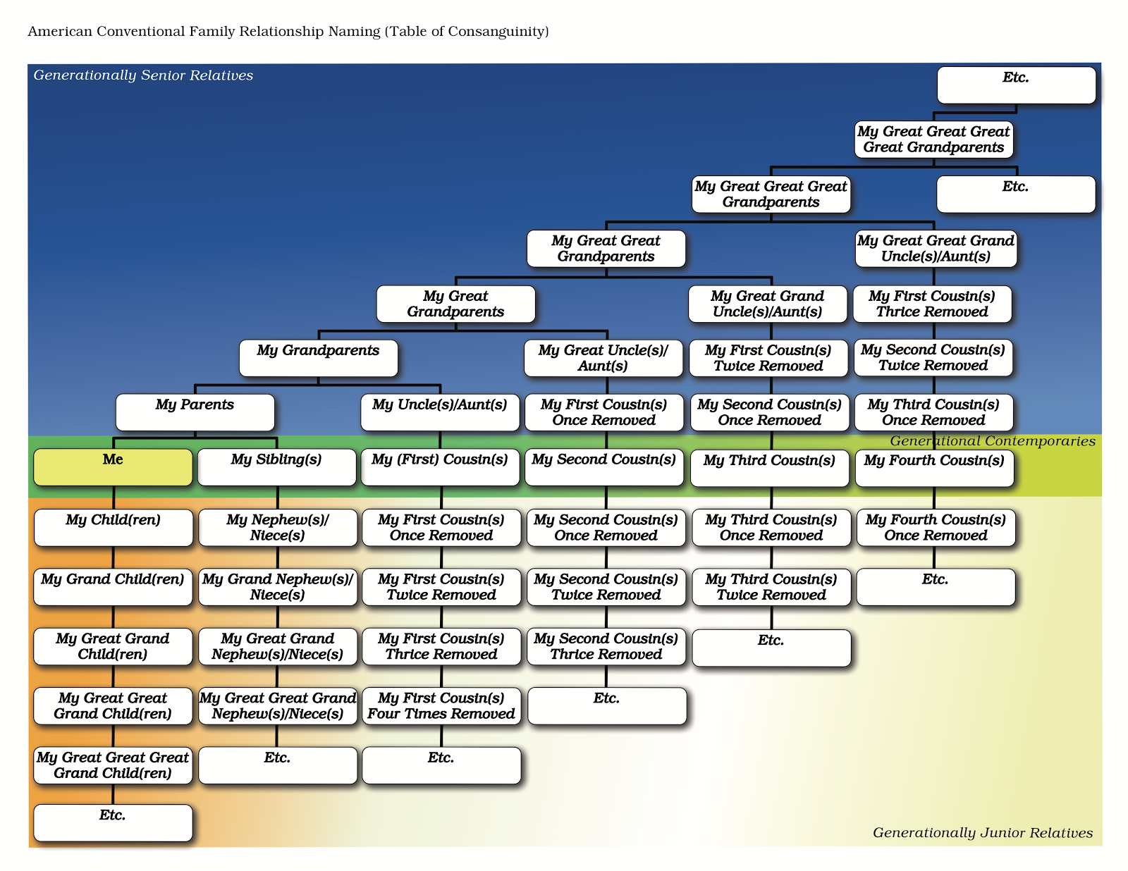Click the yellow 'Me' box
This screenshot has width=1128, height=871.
click(113, 467)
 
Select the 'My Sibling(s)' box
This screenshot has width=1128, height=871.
click(276, 467)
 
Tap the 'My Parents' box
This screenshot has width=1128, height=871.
click(195, 412)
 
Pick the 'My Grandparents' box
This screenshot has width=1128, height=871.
click(318, 358)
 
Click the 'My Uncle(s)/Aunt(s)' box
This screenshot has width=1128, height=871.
click(440, 412)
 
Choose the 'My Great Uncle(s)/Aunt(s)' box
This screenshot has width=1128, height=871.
click(603, 358)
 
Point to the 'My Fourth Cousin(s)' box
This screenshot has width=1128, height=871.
click(934, 468)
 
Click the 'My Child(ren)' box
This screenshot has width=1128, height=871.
click(113, 527)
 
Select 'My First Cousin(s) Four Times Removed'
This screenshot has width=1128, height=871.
click(441, 706)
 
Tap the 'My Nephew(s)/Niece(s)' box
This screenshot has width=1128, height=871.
click(278, 527)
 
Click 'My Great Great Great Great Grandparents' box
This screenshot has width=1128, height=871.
click(933, 140)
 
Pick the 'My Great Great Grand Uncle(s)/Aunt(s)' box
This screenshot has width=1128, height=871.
click(936, 249)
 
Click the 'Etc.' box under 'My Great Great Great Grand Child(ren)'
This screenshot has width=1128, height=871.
click(113, 822)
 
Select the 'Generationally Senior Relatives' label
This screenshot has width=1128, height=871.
click(143, 75)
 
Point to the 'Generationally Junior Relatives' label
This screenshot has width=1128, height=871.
click(982, 833)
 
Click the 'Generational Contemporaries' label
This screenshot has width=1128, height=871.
click(992, 441)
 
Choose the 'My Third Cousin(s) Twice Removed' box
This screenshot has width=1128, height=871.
click(771, 587)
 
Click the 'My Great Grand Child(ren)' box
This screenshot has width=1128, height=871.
click(113, 646)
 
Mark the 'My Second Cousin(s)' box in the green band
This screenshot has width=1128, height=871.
click(604, 467)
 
